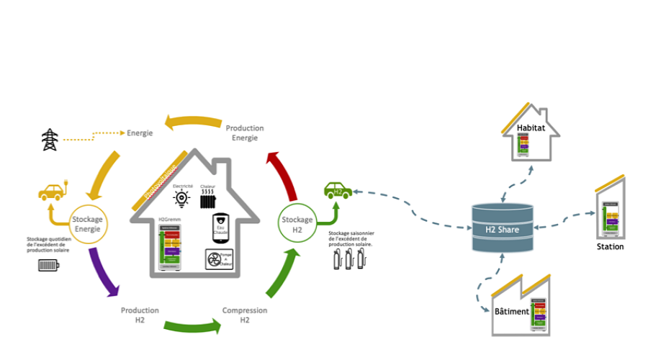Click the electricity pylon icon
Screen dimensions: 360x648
[50, 140]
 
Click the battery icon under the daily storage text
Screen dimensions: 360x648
[49, 265]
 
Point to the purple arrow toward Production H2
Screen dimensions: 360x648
[103, 272]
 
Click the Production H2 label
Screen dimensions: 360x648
[140, 315]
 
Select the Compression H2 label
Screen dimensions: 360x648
[245, 315]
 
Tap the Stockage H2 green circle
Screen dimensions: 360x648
[297, 224]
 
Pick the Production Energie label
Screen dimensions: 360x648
[245, 132]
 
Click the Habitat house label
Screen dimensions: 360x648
[531, 128]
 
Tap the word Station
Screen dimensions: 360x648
[610, 247]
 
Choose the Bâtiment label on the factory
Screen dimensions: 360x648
[512, 311]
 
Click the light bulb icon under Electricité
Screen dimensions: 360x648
[182, 197]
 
